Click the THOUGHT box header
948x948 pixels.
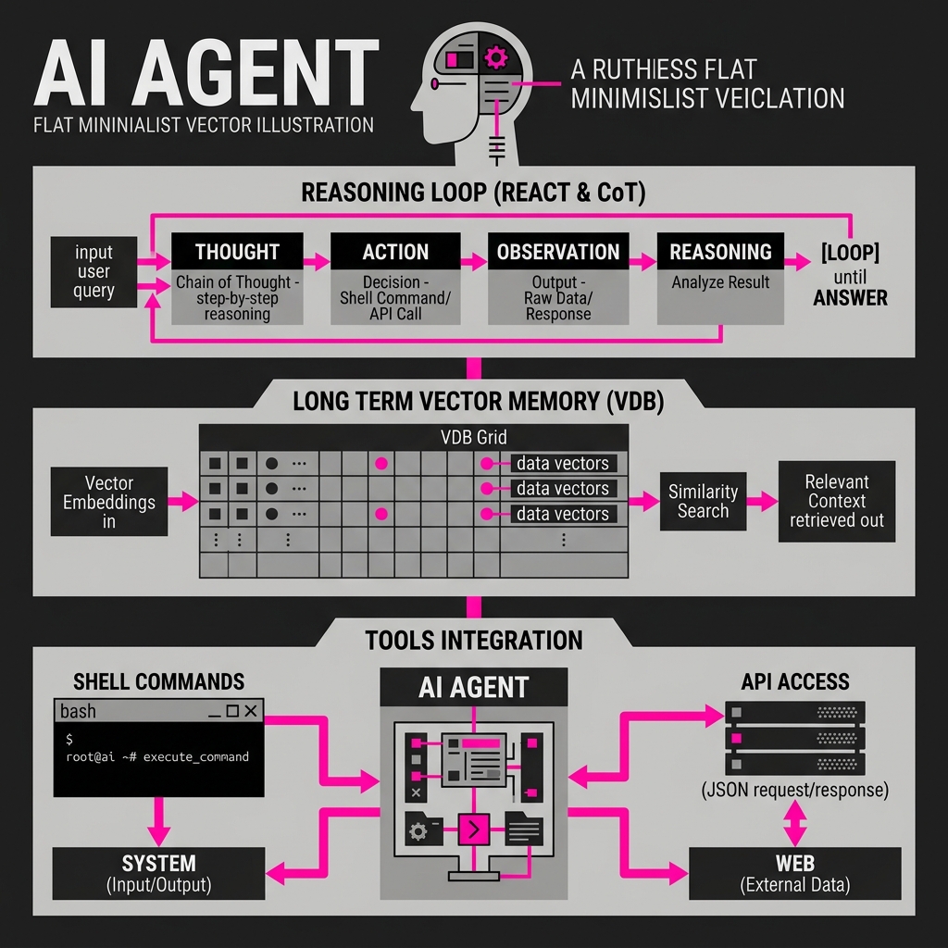[237, 251]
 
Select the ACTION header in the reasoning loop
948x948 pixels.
[395, 251]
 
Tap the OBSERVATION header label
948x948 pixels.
[558, 251]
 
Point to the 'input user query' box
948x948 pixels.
[94, 271]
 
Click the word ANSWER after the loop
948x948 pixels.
[850, 297]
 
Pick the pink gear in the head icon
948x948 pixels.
[496, 58]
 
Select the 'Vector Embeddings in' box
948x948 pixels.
[109, 501]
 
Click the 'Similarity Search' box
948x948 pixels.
[704, 501]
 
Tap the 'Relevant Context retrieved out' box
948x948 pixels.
[837, 501]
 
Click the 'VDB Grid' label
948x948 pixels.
[474, 437]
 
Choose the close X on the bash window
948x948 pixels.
[251, 711]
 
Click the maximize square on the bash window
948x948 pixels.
[232, 711]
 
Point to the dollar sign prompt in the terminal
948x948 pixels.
[69, 739]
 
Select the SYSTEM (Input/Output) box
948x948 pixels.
[158, 873]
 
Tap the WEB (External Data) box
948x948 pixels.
[795, 873]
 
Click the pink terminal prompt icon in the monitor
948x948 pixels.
[474, 829]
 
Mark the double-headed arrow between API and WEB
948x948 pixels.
[795, 823]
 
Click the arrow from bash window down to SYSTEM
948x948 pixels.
[158, 822]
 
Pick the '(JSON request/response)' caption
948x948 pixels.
[795, 790]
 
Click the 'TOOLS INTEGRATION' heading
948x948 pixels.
[474, 641]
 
